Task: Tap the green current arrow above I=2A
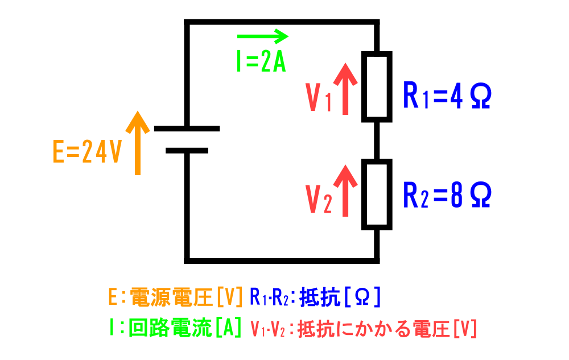(262, 38)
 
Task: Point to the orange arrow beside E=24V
(137, 143)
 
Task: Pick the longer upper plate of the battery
(187, 129)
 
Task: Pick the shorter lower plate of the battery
(187, 151)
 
